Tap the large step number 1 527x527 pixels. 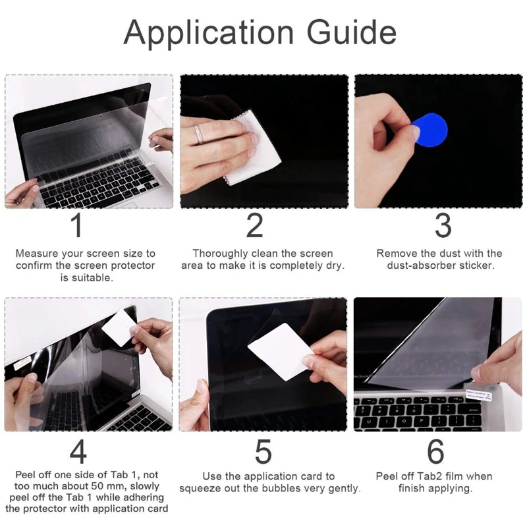point(77,225)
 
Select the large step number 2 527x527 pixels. point(255,225)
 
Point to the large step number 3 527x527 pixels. point(443,225)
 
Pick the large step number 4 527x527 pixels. point(78,452)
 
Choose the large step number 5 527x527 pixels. point(263,452)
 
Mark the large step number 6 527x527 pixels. point(435,452)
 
